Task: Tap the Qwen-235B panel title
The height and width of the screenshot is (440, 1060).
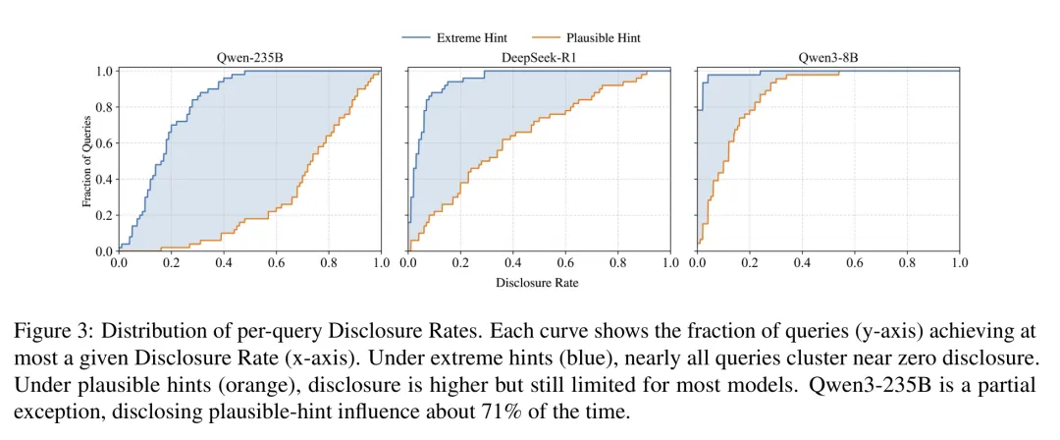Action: pyautogui.click(x=249, y=57)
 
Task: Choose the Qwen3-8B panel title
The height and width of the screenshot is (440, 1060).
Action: pyautogui.click(x=827, y=57)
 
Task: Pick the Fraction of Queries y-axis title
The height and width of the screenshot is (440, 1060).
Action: pyautogui.click(x=86, y=161)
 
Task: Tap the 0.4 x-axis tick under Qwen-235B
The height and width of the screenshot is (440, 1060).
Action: pyautogui.click(x=224, y=264)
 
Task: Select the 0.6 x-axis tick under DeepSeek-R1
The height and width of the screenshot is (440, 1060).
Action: pyautogui.click(x=565, y=264)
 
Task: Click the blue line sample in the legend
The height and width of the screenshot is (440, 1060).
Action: pyautogui.click(x=416, y=38)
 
